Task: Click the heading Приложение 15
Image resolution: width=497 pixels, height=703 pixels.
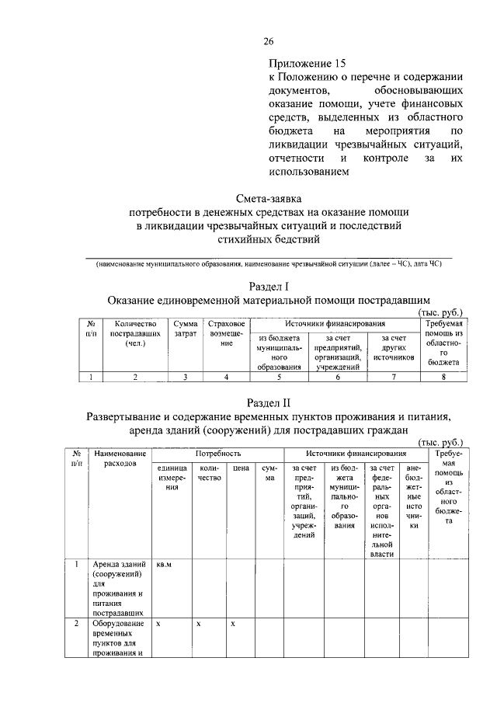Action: pyautogui.click(x=306, y=62)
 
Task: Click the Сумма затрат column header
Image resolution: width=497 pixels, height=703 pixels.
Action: pyautogui.click(x=185, y=329)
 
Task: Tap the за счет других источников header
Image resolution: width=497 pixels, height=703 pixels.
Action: pyautogui.click(x=394, y=347)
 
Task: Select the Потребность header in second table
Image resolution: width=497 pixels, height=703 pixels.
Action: pyautogui.click(x=217, y=452)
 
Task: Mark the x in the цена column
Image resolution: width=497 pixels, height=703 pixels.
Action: pyautogui.click(x=233, y=624)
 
